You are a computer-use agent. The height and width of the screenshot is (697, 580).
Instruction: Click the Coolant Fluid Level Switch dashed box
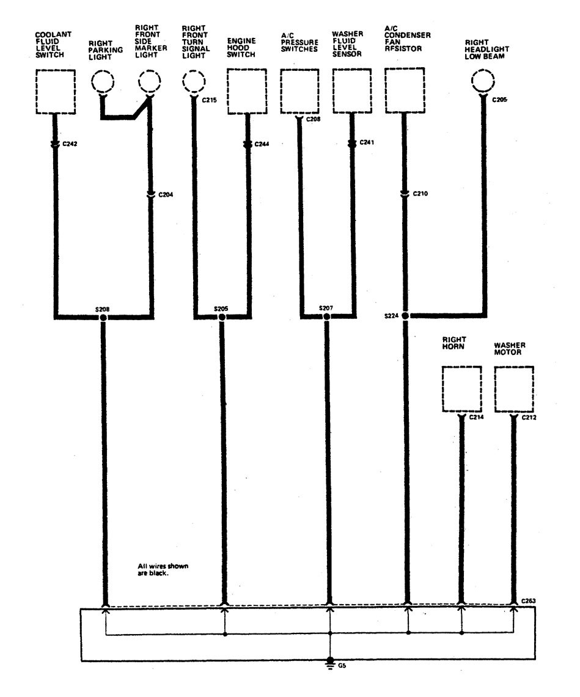(55, 92)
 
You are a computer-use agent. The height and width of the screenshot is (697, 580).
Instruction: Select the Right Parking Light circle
(103, 82)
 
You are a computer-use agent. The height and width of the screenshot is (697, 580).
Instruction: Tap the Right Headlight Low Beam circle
(483, 82)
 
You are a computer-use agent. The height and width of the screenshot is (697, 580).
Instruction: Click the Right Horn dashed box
(461, 389)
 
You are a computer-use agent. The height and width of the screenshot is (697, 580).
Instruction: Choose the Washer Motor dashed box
(514, 389)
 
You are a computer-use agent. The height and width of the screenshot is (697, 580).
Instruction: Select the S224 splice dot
(405, 316)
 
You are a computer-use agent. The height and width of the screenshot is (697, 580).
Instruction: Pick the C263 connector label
(529, 601)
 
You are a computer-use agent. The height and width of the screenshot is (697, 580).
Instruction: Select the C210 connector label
(420, 194)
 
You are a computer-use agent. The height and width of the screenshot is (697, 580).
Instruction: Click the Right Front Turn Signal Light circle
(194, 82)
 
